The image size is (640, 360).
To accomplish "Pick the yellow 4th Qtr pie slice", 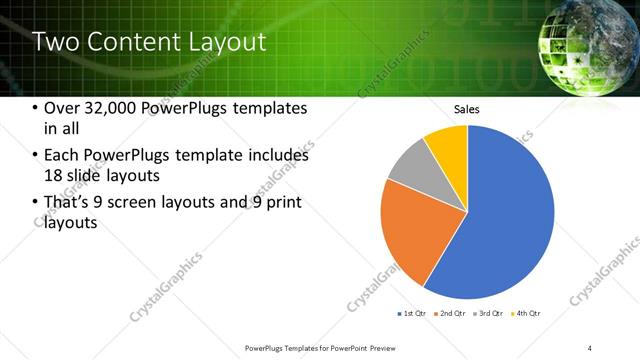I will click(x=448, y=146).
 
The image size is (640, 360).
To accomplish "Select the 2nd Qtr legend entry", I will click(x=451, y=313).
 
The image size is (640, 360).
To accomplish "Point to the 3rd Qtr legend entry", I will click(x=490, y=313).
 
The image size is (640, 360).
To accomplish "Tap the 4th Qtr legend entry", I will click(x=528, y=313).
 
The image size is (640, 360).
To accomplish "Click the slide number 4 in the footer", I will click(x=590, y=347).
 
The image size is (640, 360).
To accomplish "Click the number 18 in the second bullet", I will click(x=55, y=175).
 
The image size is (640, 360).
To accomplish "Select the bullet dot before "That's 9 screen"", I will click(x=36, y=204).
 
